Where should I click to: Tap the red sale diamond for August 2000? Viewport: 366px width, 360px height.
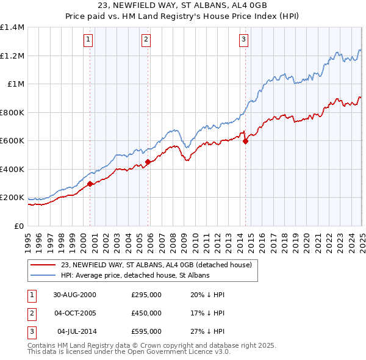(90, 184)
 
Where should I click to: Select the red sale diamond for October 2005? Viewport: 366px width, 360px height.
(148, 162)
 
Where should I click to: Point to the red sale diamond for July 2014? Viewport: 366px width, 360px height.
(245, 142)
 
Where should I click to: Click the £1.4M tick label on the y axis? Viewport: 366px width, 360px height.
(12, 27)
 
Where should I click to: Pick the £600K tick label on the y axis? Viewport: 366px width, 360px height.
(12, 141)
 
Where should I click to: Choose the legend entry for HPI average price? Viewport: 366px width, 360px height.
(135, 276)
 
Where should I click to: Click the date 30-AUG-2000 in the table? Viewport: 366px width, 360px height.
(75, 295)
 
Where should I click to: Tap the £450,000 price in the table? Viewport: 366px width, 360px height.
(146, 313)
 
